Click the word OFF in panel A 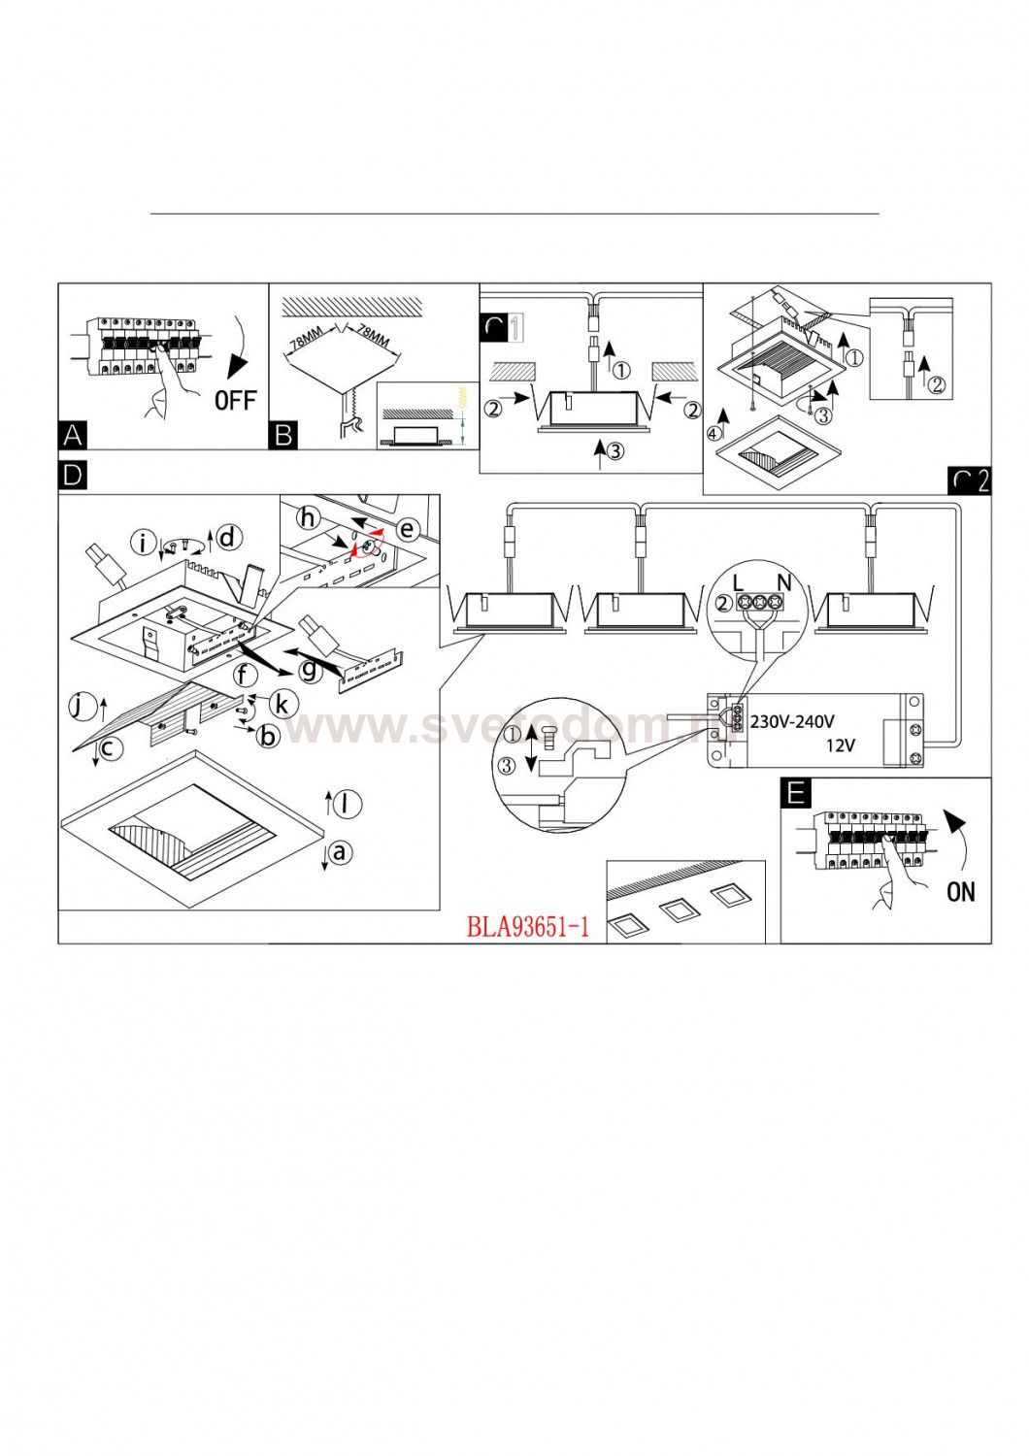235,399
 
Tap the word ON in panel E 961,891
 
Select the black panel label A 73,435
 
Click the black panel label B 283,435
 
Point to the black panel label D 73,476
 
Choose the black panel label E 796,793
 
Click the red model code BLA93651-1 528,927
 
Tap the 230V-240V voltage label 792,721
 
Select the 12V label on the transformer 841,745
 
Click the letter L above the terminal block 738,582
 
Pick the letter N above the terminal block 784,582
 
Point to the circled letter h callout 309,517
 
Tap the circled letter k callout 282,703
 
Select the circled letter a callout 339,852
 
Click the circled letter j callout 82,706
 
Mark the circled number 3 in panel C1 614,449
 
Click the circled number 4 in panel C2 715,433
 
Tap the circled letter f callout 246,675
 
